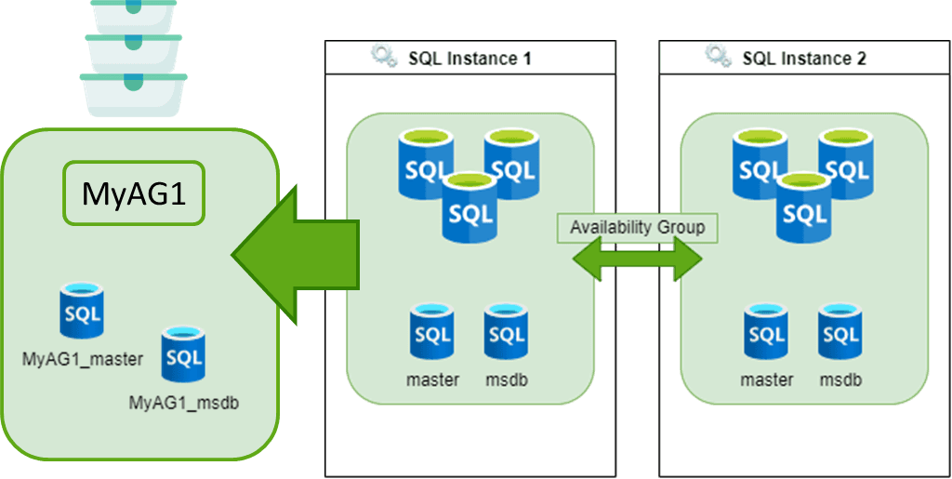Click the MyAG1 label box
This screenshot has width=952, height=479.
tap(133, 194)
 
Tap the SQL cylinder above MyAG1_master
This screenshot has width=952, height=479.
tap(82, 311)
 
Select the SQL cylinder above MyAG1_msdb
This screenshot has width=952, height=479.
tap(182, 354)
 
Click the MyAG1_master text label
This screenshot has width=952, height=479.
tap(83, 359)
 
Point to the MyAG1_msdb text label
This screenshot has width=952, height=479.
tap(183, 403)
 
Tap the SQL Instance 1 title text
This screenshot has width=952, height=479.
tap(469, 59)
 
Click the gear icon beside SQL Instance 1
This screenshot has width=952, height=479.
tap(384, 57)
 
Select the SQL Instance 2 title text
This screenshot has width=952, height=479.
tap(804, 59)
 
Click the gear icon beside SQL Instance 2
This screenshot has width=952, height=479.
tap(718, 57)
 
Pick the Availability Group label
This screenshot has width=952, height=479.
tap(637, 228)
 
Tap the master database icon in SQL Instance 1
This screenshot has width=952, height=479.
tap(432, 333)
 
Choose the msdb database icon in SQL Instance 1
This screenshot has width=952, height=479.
tap(506, 333)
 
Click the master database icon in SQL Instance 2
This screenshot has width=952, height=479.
tap(766, 333)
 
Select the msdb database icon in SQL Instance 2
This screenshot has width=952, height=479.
tap(840, 333)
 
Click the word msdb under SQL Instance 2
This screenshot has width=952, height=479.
tap(840, 380)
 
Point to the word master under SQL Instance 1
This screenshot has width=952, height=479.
tap(432, 380)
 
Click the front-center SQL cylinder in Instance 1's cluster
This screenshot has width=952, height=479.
tap(469, 209)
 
